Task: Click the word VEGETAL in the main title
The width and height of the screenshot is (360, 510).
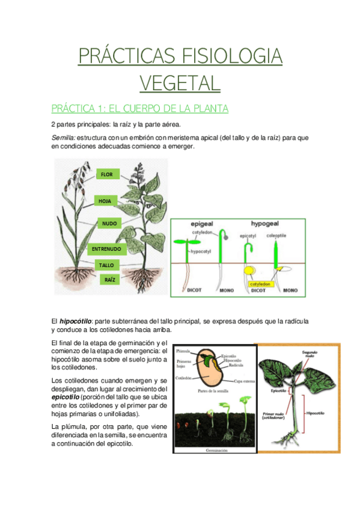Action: (x=180, y=82)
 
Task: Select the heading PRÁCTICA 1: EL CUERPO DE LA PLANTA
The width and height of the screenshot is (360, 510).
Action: (x=140, y=109)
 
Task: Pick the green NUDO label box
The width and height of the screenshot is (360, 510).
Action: (x=109, y=223)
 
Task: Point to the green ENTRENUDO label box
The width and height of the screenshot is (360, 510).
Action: (x=106, y=248)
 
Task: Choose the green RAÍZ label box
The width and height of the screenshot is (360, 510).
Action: (x=109, y=280)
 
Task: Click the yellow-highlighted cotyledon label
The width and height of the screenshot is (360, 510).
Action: (x=260, y=284)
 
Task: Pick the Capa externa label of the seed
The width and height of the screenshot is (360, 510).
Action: (x=245, y=381)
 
